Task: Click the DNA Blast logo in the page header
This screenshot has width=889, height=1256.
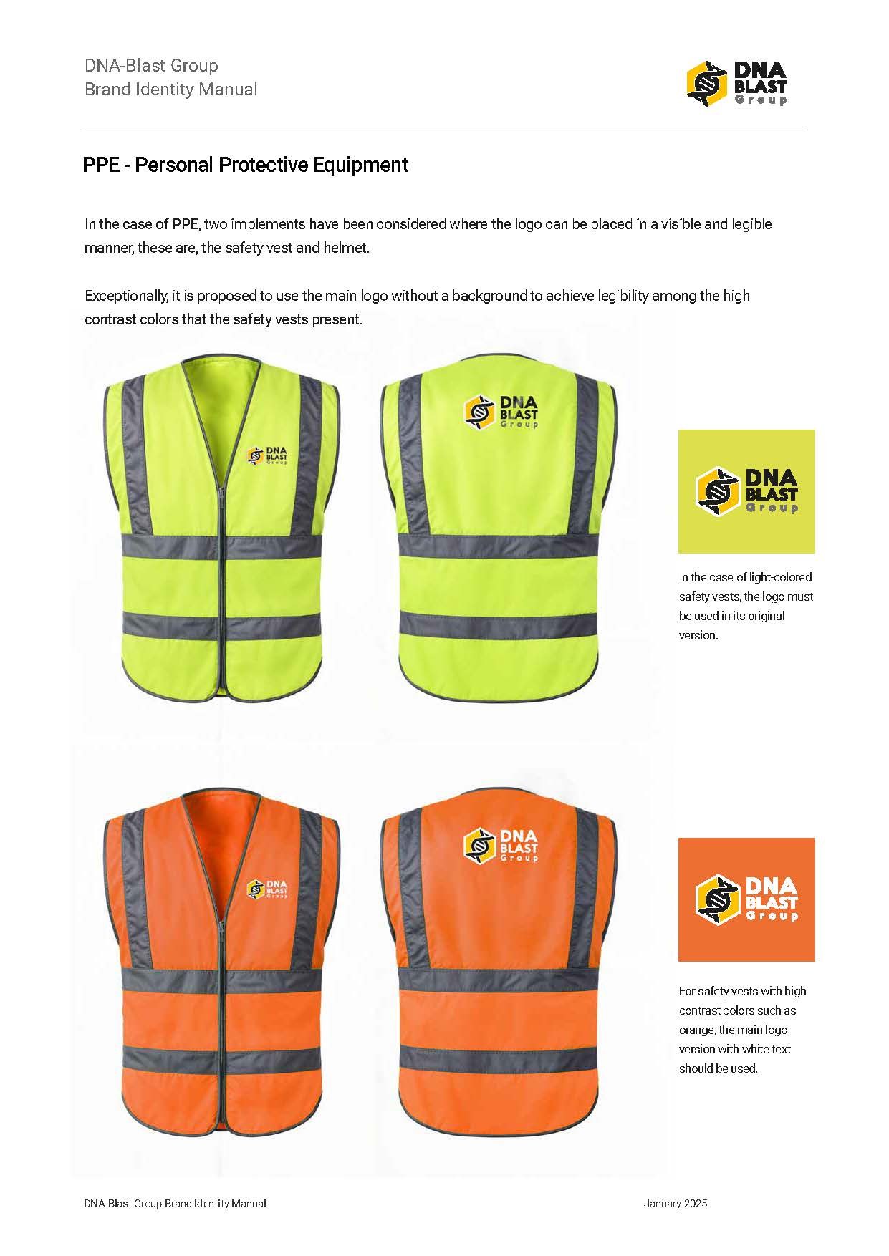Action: [736, 82]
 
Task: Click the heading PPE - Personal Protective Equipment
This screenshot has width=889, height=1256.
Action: [245, 165]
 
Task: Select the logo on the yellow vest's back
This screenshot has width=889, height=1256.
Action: [501, 413]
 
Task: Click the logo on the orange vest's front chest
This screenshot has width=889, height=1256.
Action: [267, 888]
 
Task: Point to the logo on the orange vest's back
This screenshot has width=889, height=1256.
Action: [501, 845]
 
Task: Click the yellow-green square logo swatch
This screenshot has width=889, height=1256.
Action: [746, 491]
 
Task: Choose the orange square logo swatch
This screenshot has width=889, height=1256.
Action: [746, 899]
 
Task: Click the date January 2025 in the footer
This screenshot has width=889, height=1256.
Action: [675, 1204]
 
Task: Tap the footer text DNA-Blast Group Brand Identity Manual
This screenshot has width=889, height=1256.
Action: [175, 1204]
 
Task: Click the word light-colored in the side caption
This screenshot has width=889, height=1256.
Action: [779, 577]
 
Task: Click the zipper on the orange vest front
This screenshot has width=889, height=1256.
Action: [223, 1017]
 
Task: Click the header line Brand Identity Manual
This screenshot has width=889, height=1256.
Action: [170, 90]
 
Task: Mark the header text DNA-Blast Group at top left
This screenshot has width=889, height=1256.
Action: [151, 66]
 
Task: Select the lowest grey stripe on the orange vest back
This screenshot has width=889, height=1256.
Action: [498, 1058]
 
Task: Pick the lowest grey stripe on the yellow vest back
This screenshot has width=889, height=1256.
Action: [498, 624]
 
